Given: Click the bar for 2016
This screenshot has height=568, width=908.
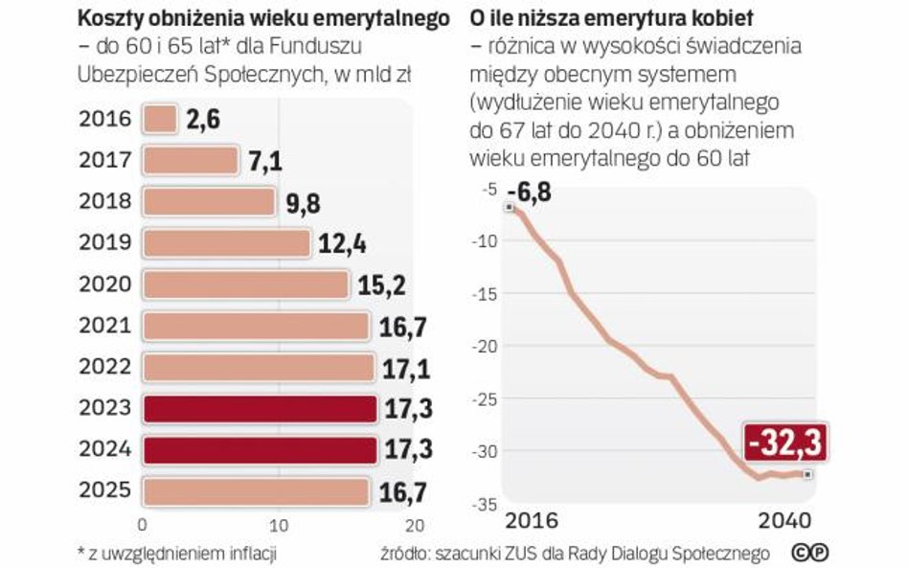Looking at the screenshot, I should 160,120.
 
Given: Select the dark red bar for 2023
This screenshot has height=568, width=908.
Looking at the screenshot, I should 258,409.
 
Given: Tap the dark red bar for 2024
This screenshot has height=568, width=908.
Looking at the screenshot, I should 258,449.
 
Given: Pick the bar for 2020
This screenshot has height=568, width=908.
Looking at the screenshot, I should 244,284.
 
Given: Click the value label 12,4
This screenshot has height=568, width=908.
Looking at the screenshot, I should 342,243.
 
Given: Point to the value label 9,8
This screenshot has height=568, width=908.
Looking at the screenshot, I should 304,202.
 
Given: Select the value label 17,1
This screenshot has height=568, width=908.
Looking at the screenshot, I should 405,368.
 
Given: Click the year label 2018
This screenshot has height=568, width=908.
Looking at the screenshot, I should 105,202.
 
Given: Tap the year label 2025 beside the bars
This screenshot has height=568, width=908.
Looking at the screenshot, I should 105,491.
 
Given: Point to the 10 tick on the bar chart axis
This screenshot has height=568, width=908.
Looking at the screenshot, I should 279,525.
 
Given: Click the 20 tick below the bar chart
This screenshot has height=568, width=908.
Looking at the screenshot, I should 413,525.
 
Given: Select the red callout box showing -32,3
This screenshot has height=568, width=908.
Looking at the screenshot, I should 783,444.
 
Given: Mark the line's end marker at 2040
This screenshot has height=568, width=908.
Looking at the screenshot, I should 808,474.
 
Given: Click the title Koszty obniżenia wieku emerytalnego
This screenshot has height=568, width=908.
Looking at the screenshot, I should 263,18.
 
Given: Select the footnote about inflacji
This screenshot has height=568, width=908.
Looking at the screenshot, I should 181,553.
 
